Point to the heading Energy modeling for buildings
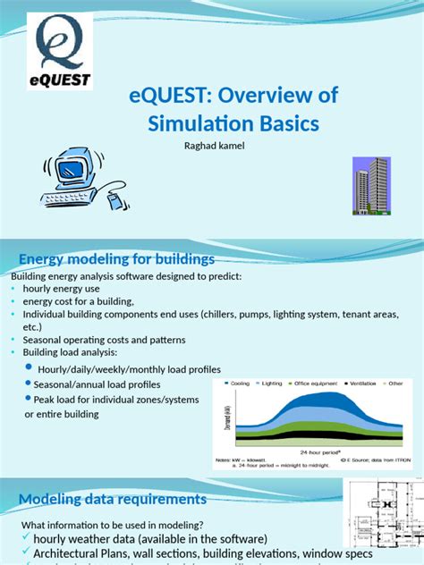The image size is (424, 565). [117, 259]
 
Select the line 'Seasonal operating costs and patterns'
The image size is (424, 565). [98, 340]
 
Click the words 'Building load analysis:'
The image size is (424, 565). [55, 353]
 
